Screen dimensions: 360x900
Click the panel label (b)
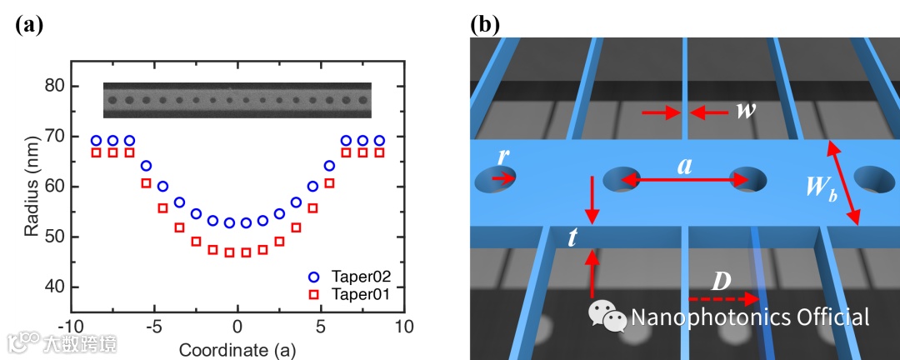click(485, 23)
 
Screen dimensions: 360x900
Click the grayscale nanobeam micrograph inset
click(237, 101)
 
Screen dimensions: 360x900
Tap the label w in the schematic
click(745, 110)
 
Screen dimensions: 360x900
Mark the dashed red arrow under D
click(722, 298)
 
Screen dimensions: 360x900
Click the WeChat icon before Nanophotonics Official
click(607, 316)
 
